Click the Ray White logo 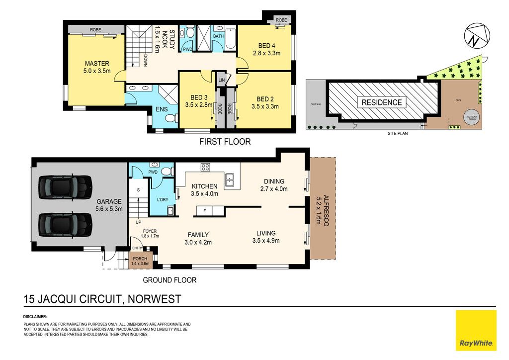point(476,330)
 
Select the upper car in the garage point(65,187)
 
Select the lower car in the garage point(65,225)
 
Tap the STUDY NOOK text point(165,40)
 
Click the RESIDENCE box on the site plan point(382,102)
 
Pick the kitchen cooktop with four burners point(205,167)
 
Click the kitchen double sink point(230,180)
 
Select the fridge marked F point(204,211)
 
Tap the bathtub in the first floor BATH point(230,39)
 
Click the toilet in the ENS point(170,118)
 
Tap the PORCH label point(140,259)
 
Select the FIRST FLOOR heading point(225,142)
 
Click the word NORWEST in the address point(154,299)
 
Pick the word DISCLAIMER point(35,317)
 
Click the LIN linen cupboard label point(222,80)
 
